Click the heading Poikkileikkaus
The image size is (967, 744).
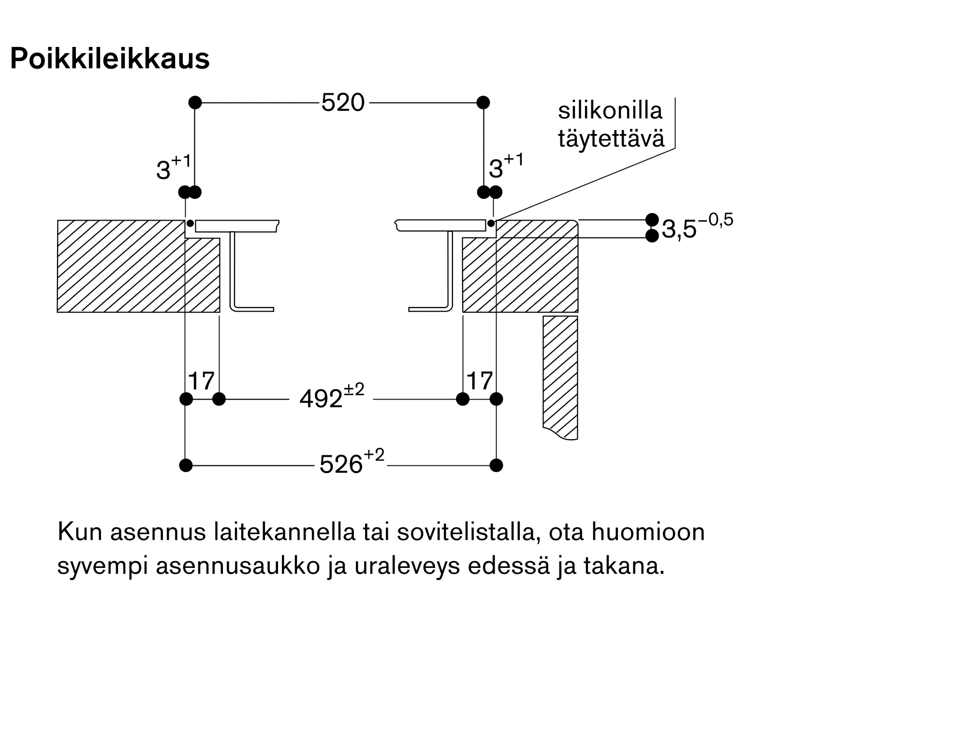[x=110, y=59]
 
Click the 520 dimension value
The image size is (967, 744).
[x=343, y=103]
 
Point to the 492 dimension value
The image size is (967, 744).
[x=321, y=399]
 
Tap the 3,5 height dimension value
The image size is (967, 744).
[x=679, y=229]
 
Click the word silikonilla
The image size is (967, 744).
[x=610, y=110]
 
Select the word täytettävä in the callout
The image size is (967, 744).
[x=611, y=138]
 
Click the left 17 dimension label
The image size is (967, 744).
[x=201, y=381]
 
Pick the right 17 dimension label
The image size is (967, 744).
[x=479, y=381]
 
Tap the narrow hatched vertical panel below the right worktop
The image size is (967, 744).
[x=560, y=377]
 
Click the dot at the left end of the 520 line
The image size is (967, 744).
[x=195, y=103]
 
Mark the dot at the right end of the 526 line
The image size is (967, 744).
[x=496, y=465]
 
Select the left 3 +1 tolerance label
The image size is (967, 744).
[x=174, y=167]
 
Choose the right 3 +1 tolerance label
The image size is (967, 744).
[x=506, y=166]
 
